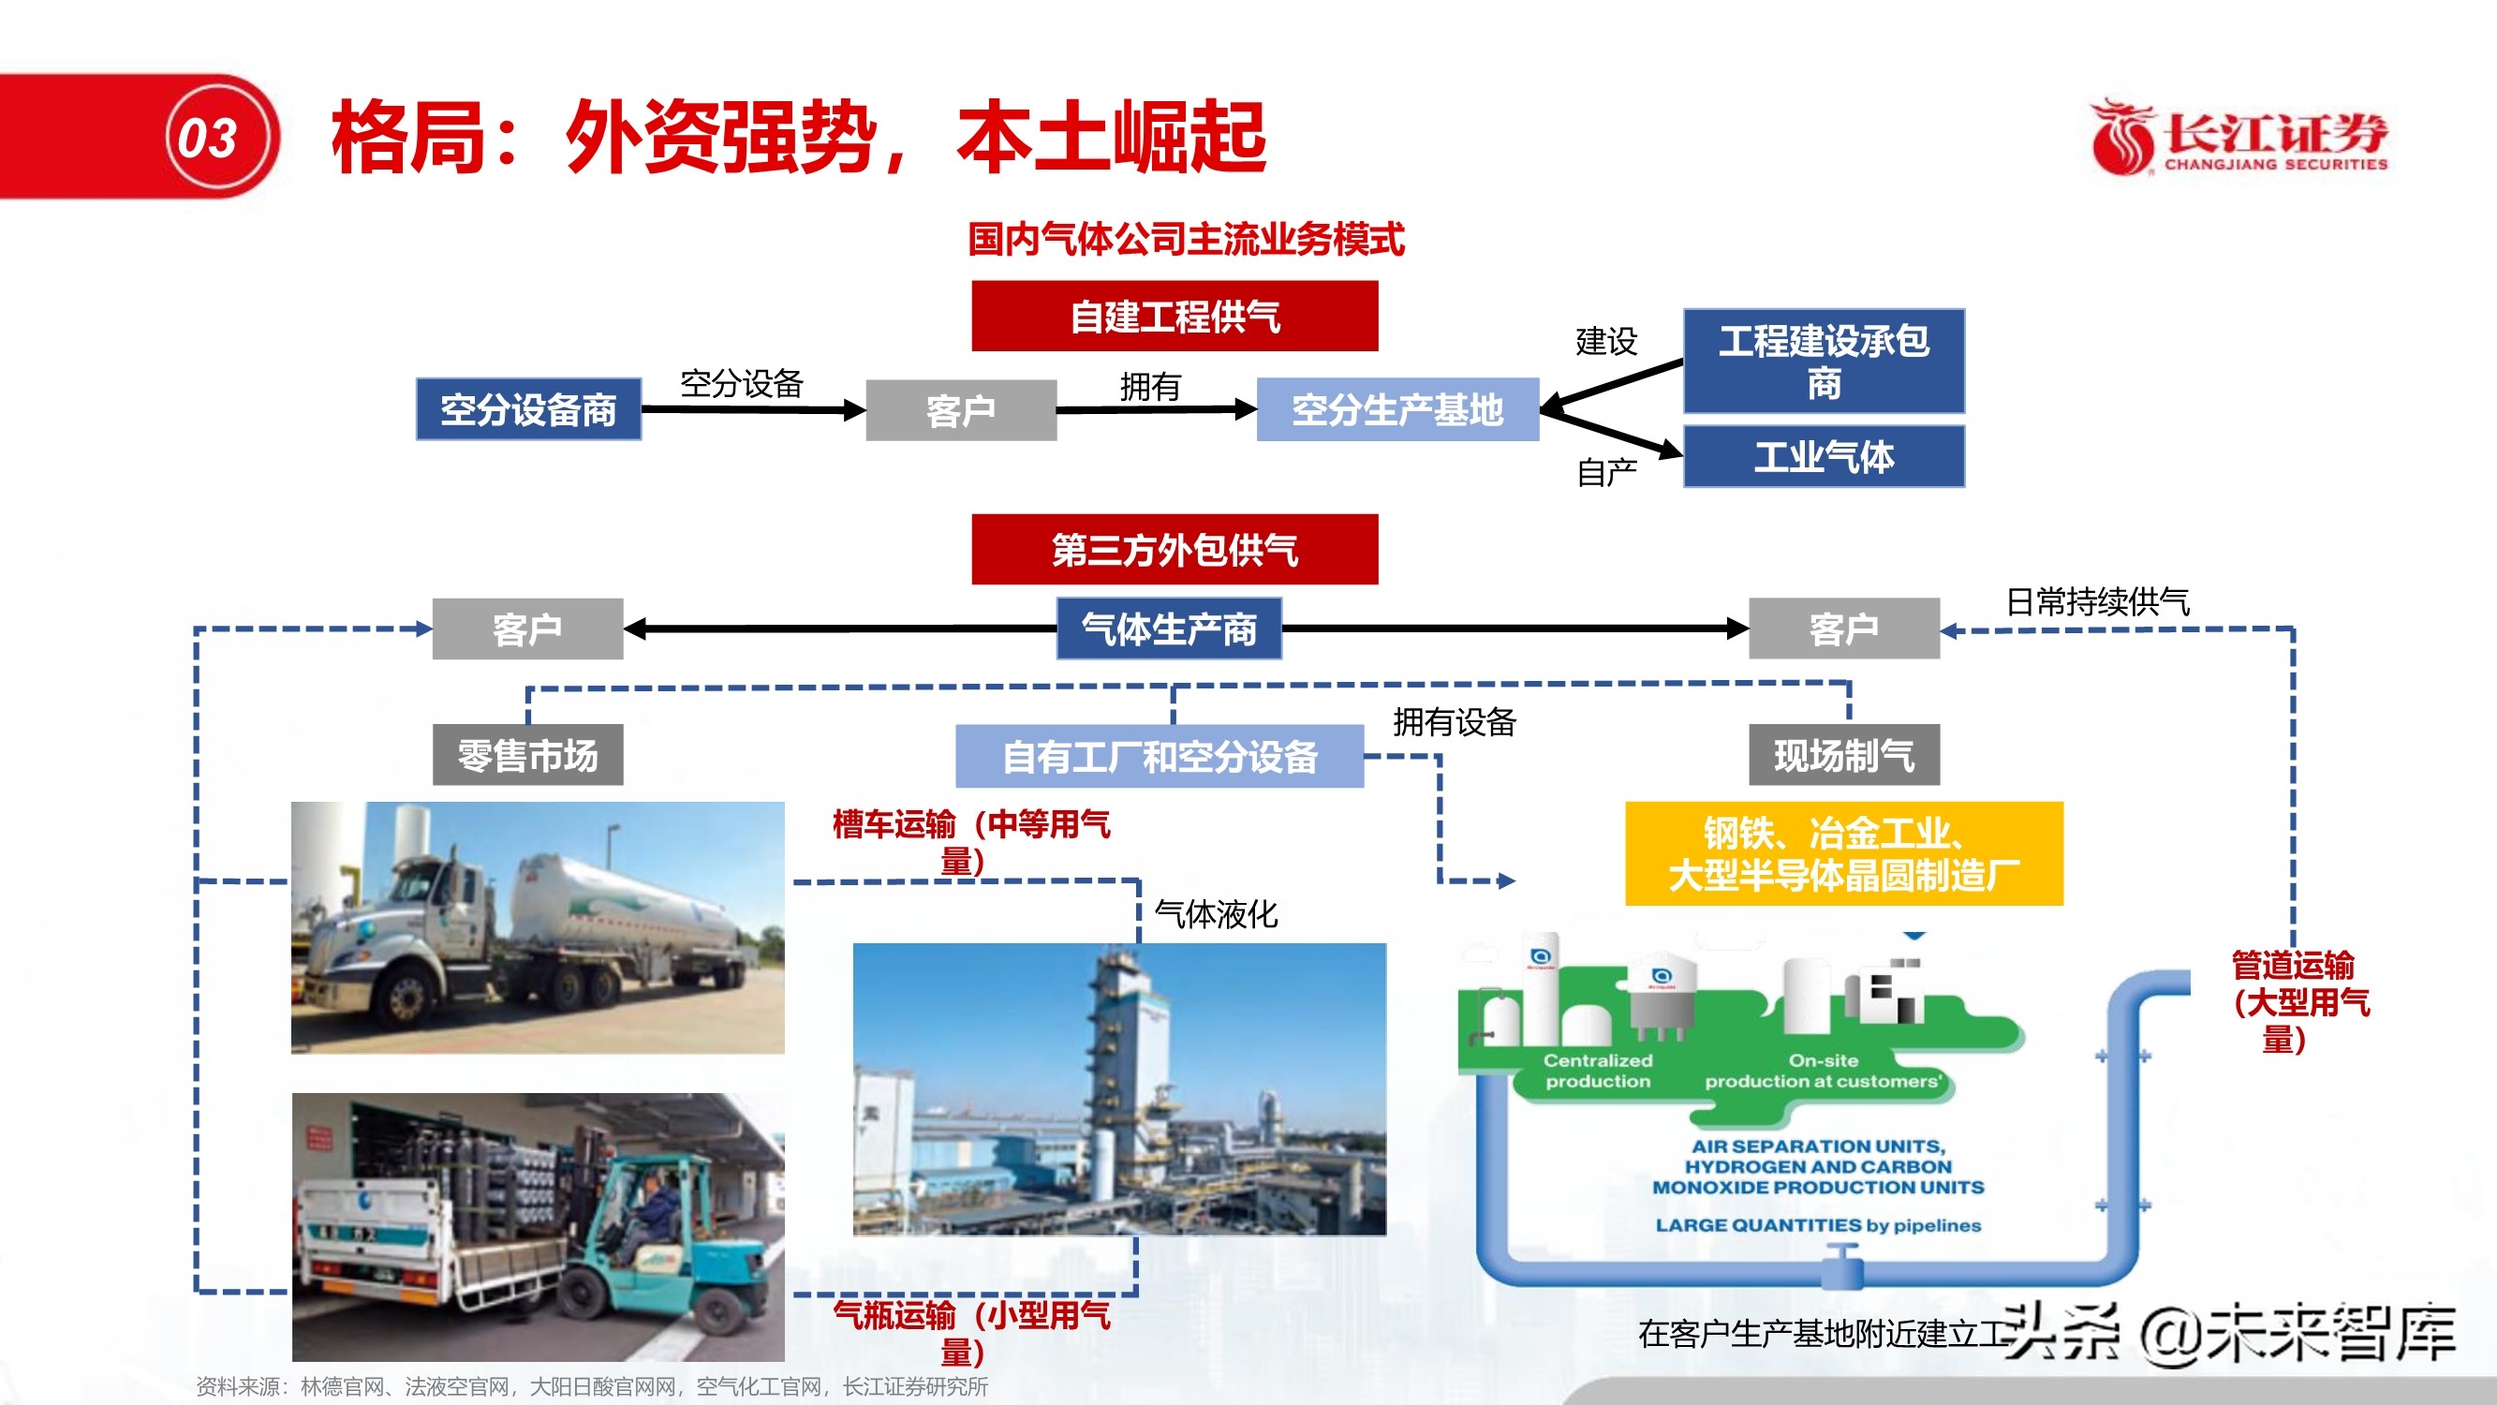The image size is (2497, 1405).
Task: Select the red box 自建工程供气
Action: (1174, 316)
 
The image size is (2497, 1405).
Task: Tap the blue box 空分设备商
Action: (528, 409)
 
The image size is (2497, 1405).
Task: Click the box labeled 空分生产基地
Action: (1396, 409)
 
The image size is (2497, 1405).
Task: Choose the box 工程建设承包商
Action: (1824, 361)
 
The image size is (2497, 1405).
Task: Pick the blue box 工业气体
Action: (1824, 456)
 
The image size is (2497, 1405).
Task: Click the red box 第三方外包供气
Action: (1174, 549)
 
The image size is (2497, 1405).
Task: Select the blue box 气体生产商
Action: (1168, 629)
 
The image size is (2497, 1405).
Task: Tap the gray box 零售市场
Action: (527, 754)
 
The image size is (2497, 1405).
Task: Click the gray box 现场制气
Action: (1843, 754)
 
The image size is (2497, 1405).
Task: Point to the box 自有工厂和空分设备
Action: (1160, 756)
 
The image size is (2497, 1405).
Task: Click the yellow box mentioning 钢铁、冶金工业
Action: (1843, 853)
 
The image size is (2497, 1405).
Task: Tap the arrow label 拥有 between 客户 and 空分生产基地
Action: (1149, 387)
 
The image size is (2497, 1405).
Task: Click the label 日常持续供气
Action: (2097, 601)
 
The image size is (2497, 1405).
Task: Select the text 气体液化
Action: (1216, 913)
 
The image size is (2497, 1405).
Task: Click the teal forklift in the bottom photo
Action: (669, 1250)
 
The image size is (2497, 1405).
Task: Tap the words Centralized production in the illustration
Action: (1598, 1071)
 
